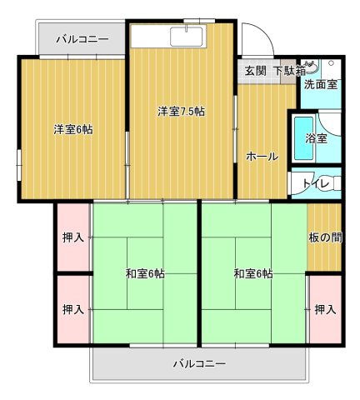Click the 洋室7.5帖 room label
point(182,112)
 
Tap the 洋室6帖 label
point(73,129)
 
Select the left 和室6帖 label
point(145,273)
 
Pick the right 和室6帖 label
point(252,273)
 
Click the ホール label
point(262,157)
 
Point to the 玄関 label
point(255,71)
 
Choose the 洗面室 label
point(321,84)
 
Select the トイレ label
point(322,182)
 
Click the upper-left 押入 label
point(73,237)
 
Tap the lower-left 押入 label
point(73,309)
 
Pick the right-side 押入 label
point(325,309)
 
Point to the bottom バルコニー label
point(199,363)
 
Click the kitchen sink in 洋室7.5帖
point(183,37)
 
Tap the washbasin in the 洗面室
point(310,67)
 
